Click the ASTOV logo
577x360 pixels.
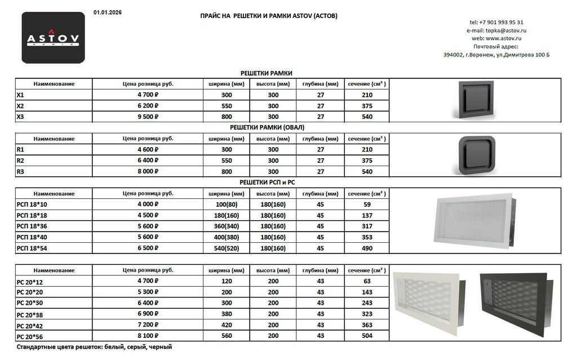point(53,38)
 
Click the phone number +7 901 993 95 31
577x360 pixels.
point(496,22)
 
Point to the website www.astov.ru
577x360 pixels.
point(496,38)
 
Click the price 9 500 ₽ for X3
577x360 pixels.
point(148,117)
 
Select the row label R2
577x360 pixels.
point(21,161)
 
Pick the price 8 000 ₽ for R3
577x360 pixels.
point(148,172)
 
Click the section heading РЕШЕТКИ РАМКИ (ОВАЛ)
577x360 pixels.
point(267,127)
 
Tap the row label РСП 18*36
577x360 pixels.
point(32,226)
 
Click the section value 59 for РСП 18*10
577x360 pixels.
point(366,205)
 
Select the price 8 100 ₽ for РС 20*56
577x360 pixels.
point(148,336)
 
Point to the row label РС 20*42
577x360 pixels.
point(30,325)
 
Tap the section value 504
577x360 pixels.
point(366,336)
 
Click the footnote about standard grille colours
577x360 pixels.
point(94,347)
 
